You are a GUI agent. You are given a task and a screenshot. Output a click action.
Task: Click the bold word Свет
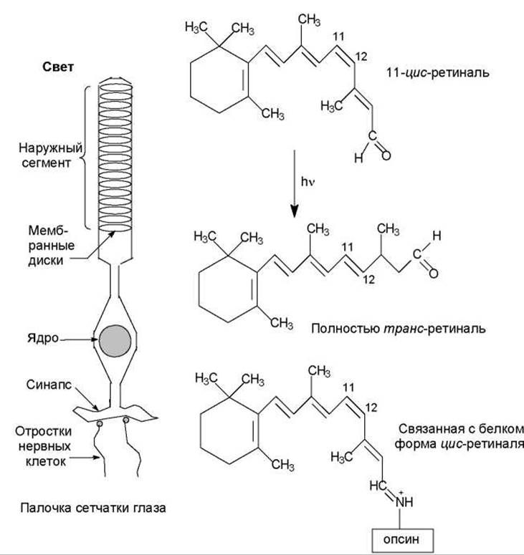(x=58, y=67)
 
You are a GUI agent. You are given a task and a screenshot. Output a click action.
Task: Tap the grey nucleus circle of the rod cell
(x=115, y=340)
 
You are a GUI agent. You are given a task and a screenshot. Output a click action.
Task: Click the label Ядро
(x=43, y=338)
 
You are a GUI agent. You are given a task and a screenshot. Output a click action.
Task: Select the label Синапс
(x=49, y=385)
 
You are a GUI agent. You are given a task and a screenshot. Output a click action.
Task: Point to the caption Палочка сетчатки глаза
(x=93, y=508)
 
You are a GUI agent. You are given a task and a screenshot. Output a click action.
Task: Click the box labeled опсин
(x=402, y=540)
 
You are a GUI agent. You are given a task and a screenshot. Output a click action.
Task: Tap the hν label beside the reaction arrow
(x=308, y=182)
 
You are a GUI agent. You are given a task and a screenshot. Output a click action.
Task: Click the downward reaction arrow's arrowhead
(x=294, y=211)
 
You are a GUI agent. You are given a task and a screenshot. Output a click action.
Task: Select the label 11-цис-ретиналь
(x=437, y=72)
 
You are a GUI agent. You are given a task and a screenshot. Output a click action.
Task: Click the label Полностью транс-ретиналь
(x=399, y=329)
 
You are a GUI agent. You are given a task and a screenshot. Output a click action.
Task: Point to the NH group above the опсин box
(x=404, y=501)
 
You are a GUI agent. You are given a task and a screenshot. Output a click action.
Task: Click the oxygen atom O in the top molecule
(x=386, y=155)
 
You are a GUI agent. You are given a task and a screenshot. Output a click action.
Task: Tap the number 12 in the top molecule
(x=361, y=57)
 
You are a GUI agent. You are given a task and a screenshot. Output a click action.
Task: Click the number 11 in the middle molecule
(x=348, y=246)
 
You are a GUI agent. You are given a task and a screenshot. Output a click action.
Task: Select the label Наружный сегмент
(x=50, y=155)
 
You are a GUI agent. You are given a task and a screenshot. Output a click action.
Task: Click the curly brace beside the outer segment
(x=85, y=157)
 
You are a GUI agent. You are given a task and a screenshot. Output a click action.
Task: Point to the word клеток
(x=46, y=462)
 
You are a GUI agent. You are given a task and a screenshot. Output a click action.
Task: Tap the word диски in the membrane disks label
(x=46, y=261)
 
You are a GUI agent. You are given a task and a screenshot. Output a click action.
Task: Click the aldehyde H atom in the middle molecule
(x=437, y=236)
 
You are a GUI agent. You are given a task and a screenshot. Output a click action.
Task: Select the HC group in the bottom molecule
(x=378, y=486)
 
